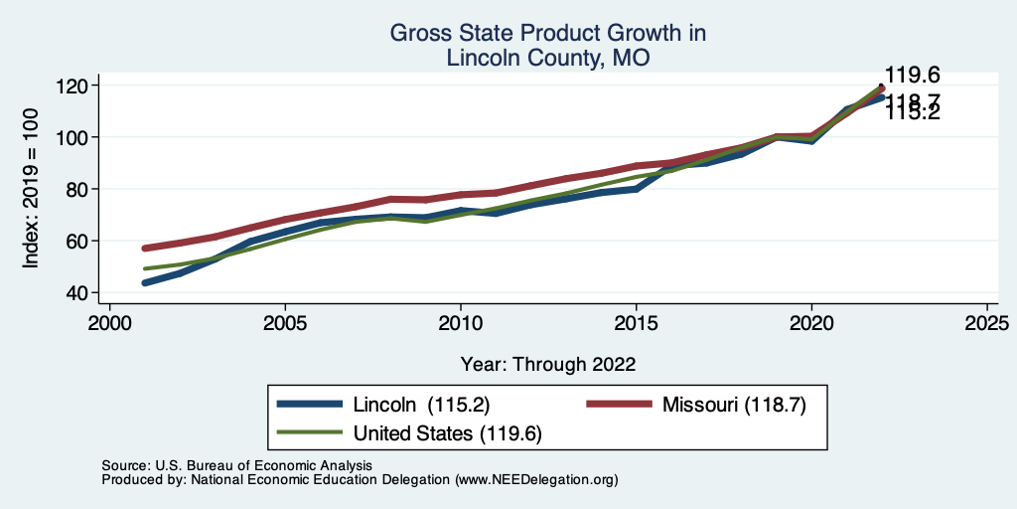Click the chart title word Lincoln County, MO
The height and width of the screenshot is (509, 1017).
click(x=548, y=58)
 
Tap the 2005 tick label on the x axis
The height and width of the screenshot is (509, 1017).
click(x=285, y=324)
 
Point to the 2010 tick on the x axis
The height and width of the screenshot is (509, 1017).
click(x=461, y=324)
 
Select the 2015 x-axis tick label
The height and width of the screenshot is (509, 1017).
click(x=636, y=324)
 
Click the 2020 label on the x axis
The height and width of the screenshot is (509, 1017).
click(x=811, y=324)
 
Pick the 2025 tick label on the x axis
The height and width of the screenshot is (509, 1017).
click(x=986, y=324)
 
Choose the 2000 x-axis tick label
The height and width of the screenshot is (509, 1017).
click(x=110, y=324)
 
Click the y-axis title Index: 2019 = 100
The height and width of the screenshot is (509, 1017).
click(x=31, y=189)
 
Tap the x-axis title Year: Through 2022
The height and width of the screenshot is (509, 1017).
click(x=548, y=363)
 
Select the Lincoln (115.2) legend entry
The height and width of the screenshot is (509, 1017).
click(x=418, y=405)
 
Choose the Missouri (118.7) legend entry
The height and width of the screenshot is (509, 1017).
click(x=727, y=405)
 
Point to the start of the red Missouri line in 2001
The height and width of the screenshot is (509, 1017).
click(x=146, y=248)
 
